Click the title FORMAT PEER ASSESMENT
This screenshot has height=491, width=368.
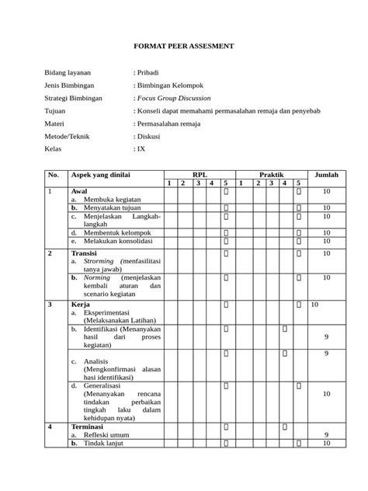[x=183, y=47]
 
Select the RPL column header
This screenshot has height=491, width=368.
[x=200, y=174]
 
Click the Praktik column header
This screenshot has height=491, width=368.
[x=271, y=174]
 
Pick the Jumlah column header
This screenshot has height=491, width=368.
[x=326, y=174]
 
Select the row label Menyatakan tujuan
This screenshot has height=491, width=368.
[x=114, y=207]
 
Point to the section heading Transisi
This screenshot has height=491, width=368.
[x=85, y=253]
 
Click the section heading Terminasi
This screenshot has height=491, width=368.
[x=89, y=427]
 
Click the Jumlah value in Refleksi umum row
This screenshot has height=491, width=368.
[x=326, y=435]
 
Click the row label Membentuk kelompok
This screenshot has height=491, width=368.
[x=117, y=232]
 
